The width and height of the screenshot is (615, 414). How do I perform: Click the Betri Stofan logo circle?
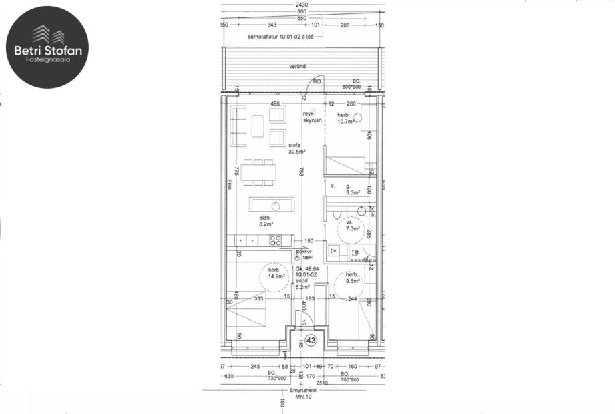coord(47,47)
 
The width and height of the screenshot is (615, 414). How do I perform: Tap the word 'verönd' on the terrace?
coord(298,67)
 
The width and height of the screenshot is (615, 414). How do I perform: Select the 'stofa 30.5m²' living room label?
coord(294,148)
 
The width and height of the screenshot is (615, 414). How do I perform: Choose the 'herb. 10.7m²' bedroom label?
coord(346,118)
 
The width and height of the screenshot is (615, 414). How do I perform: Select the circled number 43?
coord(311,340)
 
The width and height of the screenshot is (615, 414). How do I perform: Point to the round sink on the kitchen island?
coord(275,204)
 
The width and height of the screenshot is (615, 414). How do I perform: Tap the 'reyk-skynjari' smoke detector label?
coord(313,116)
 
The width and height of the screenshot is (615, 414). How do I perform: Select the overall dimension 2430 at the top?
coord(302,4)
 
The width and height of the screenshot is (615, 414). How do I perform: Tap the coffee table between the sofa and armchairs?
coord(258,126)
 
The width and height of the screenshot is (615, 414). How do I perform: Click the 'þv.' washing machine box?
coord(335,251)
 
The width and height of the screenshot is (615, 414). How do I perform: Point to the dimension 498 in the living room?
coord(274,104)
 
